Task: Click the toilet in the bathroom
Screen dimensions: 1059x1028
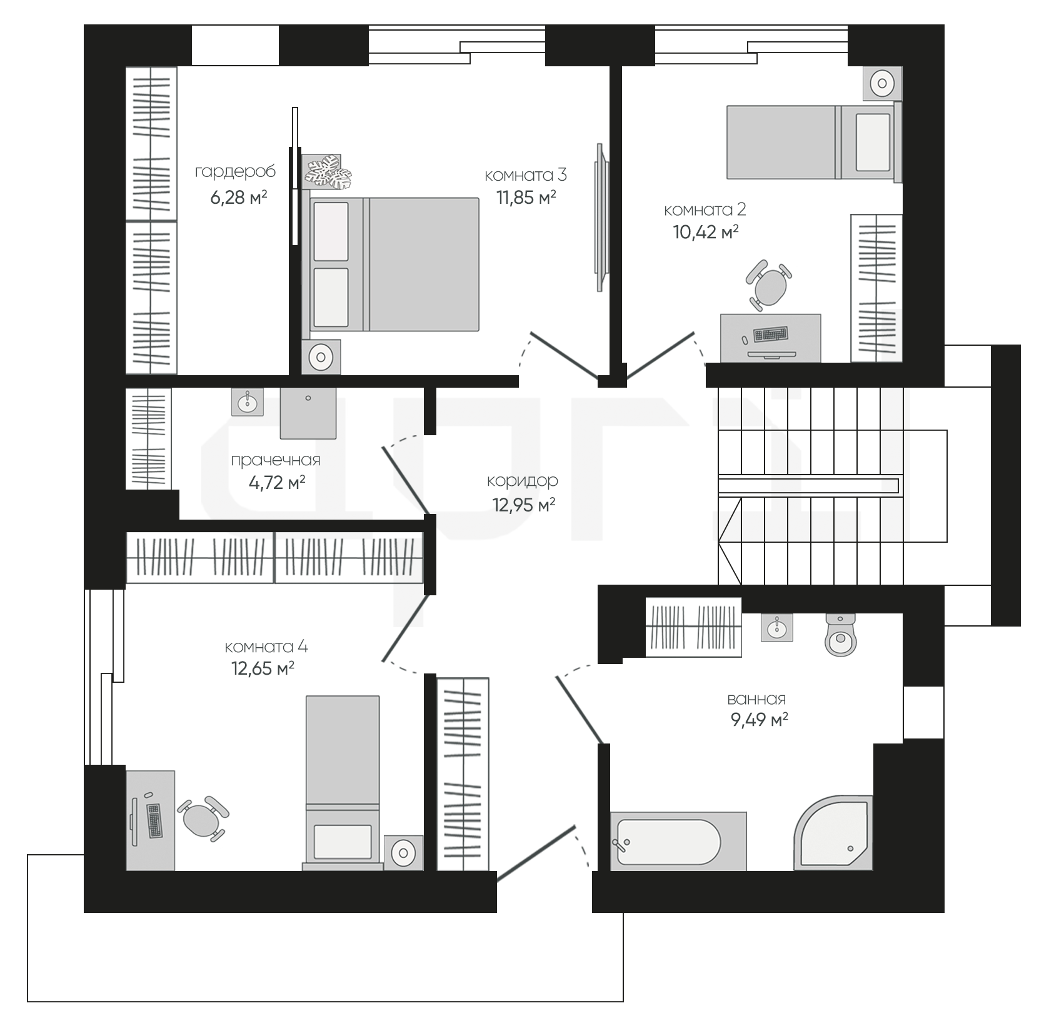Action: [x=840, y=634]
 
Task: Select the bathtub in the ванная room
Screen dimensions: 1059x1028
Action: [x=678, y=841]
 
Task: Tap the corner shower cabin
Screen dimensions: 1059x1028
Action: [x=833, y=833]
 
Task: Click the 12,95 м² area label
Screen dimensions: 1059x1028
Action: [x=524, y=505]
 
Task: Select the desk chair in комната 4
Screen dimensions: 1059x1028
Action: [x=203, y=817]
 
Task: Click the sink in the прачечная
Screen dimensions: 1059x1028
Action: [x=248, y=401]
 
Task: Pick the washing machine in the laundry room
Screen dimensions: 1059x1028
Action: [x=308, y=413]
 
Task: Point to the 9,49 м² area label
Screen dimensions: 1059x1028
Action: [x=759, y=720]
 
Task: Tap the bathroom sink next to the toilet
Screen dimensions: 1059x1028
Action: [x=777, y=627]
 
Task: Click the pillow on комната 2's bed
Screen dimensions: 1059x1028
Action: [x=873, y=142]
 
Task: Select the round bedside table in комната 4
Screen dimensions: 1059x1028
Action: [x=403, y=852]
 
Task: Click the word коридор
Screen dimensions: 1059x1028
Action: [x=523, y=481]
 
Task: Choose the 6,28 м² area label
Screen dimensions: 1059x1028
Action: [x=239, y=198]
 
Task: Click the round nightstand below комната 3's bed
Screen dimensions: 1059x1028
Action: [x=321, y=357]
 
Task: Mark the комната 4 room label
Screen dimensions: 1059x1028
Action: [x=266, y=647]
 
